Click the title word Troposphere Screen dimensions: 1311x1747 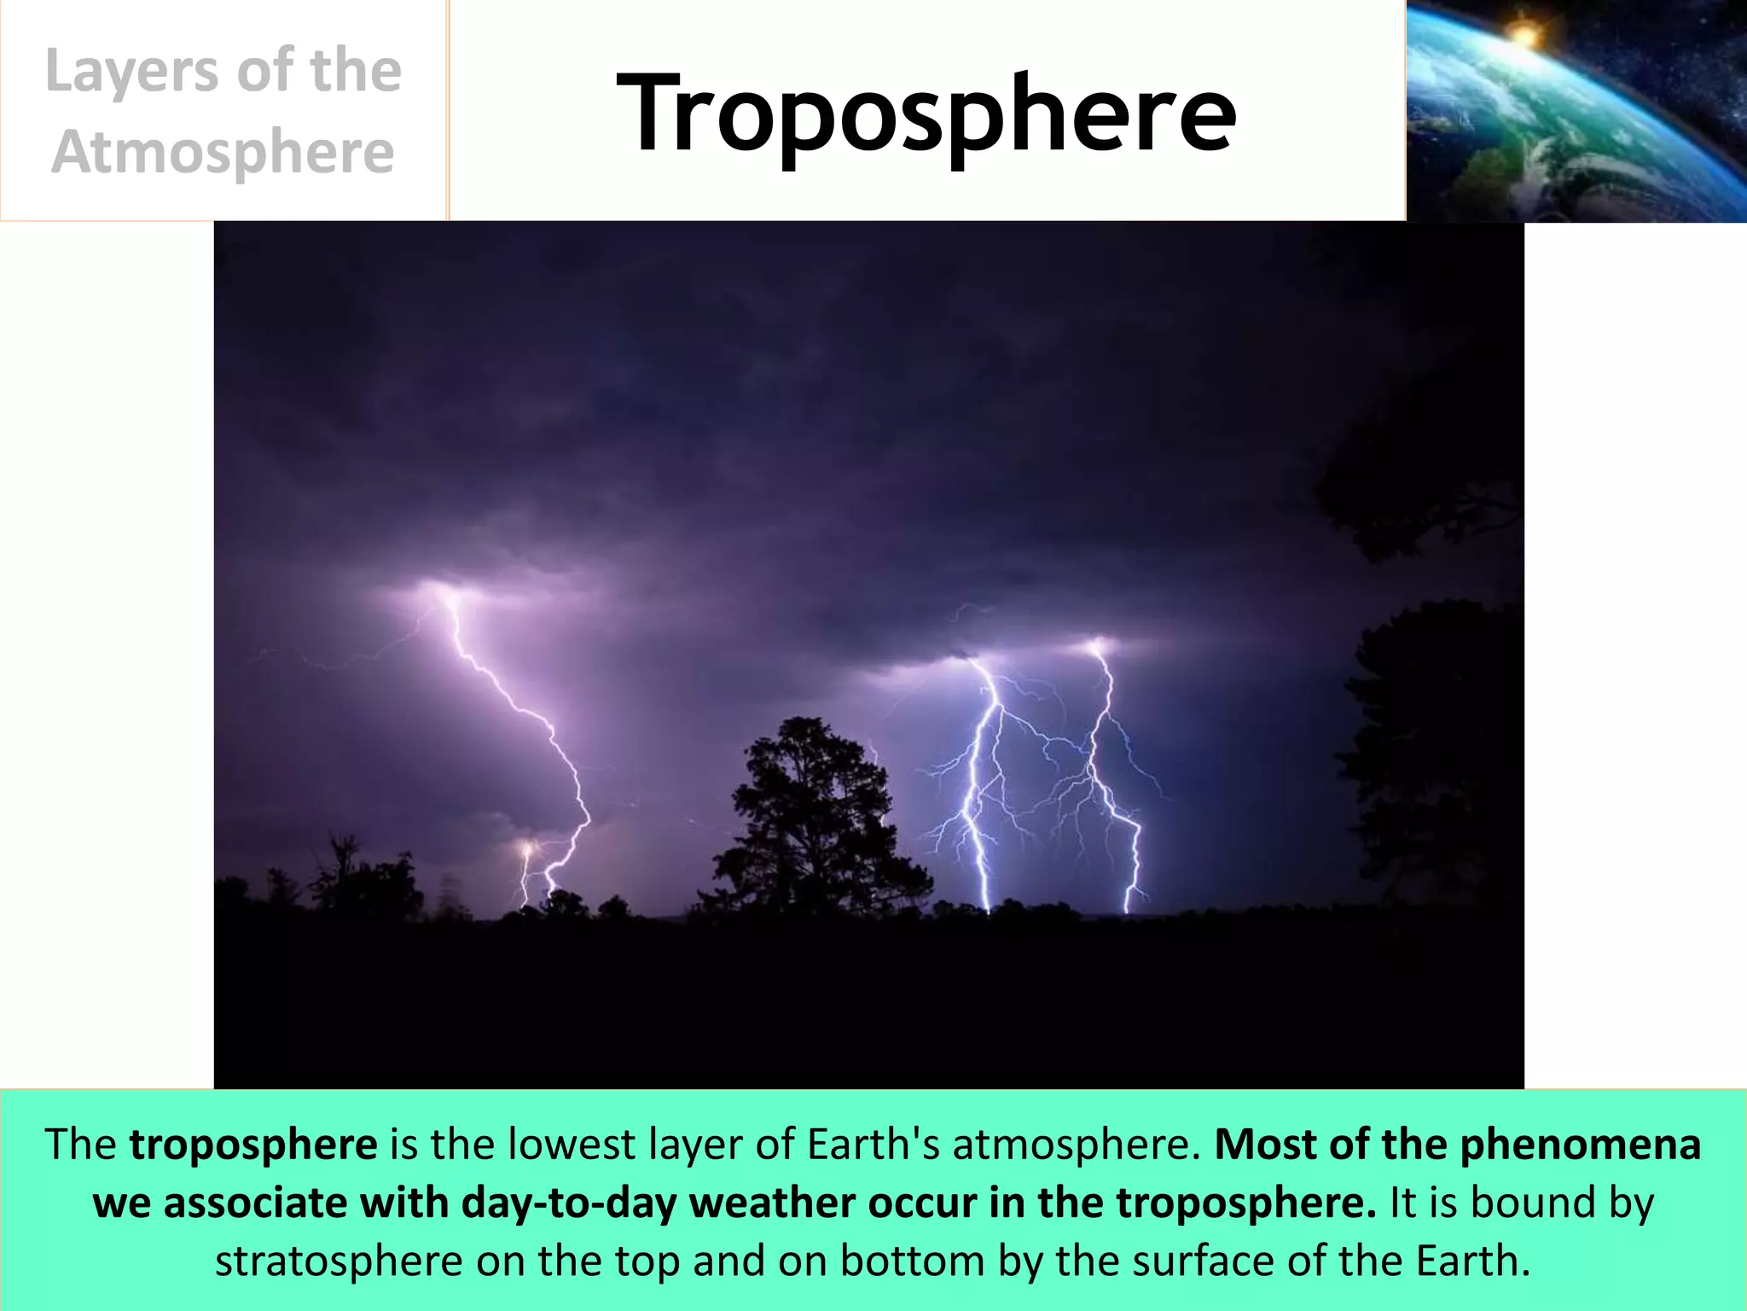(926, 113)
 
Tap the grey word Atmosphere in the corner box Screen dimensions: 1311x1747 (223, 153)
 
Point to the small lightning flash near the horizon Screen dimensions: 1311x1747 (526, 850)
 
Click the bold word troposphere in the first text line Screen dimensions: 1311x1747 (253, 1145)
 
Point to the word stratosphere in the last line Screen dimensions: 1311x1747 (338, 1261)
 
